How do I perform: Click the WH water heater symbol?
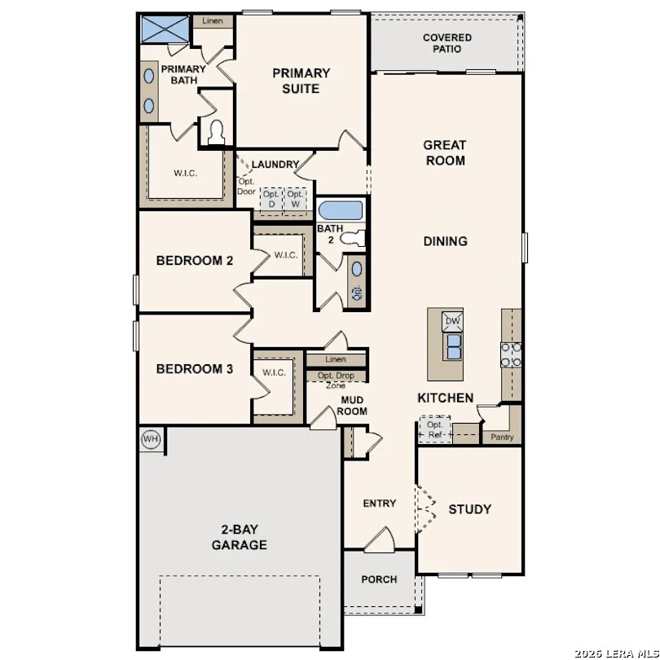(151, 438)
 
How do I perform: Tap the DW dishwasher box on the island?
(452, 323)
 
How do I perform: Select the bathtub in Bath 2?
(340, 210)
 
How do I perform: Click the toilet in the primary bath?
(216, 132)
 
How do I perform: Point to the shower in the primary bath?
(165, 29)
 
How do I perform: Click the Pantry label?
(502, 438)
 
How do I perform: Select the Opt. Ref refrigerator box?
(434, 429)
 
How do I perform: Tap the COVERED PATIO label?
(447, 43)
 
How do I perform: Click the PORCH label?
(379, 579)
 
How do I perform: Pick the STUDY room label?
(469, 509)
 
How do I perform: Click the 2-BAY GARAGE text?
(240, 536)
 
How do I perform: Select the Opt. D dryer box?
(271, 200)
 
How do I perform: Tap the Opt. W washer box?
(295, 200)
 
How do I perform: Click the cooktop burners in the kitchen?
(511, 354)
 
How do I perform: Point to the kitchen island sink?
(452, 347)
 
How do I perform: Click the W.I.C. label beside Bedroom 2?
(285, 255)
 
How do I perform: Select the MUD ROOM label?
(352, 405)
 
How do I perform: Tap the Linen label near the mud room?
(335, 359)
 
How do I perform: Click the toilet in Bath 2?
(352, 238)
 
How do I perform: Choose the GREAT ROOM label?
(444, 152)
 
